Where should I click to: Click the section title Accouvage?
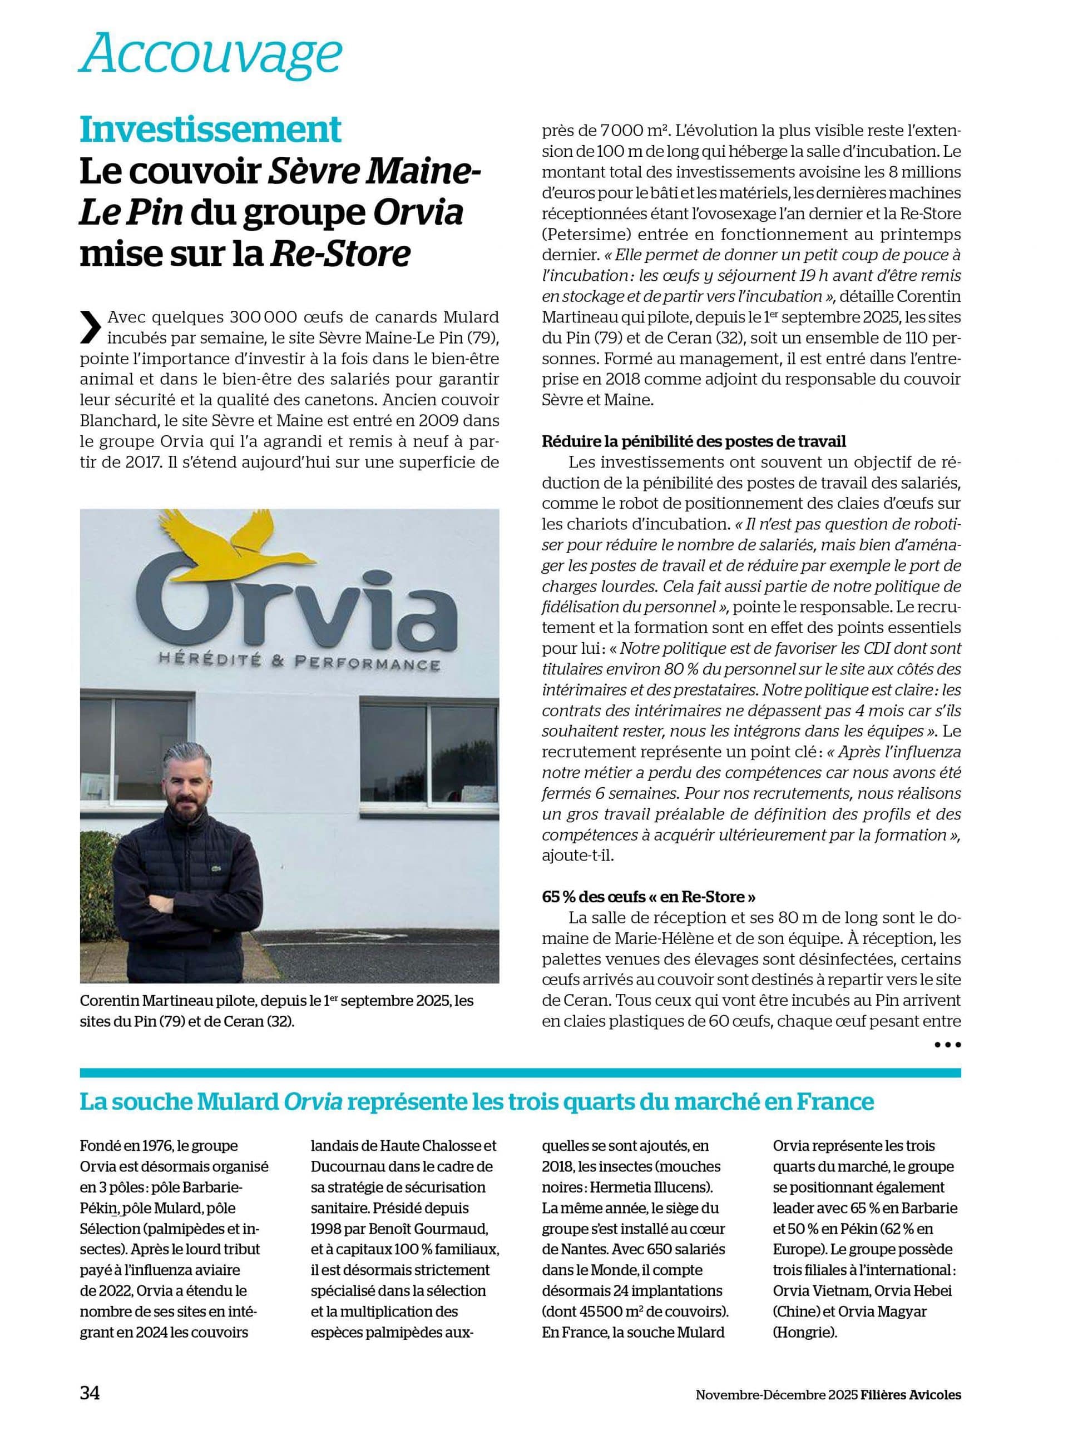(210, 56)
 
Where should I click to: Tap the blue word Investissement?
(210, 131)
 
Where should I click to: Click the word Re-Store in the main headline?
(340, 254)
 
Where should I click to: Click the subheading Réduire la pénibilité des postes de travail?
(694, 442)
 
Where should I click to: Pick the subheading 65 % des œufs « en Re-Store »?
(649, 897)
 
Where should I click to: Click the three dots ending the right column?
(948, 1044)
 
